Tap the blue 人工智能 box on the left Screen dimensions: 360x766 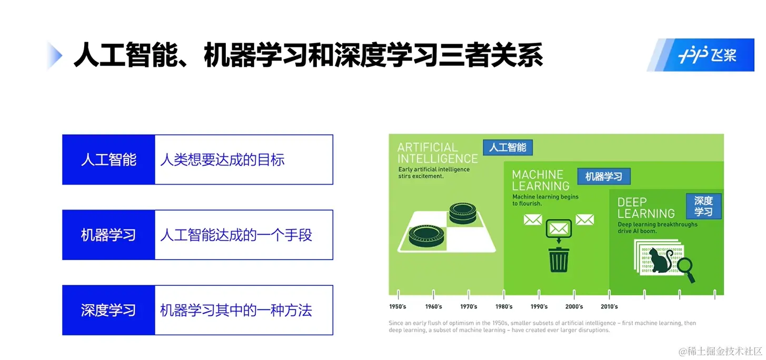[108, 159]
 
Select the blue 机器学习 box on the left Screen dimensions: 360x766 [108, 235]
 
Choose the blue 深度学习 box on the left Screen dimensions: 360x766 [108, 310]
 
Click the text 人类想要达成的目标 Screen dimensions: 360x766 [222, 159]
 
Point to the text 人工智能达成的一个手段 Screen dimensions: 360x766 [236, 235]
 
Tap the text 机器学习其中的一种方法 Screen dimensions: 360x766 [236, 310]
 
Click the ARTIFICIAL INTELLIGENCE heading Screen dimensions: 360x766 [437, 153]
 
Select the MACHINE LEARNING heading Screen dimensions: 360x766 [541, 180]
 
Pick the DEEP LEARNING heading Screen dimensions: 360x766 [645, 208]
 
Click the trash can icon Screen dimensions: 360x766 [559, 259]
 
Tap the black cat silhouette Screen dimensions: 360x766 [659, 261]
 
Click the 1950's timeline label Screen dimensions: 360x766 [397, 306]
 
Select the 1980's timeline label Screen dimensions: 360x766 [504, 306]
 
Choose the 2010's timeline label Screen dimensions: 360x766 [609, 306]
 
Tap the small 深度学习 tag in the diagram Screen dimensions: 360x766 [703, 206]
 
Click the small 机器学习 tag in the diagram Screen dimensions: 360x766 [603, 177]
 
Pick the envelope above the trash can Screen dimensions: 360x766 [559, 228]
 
